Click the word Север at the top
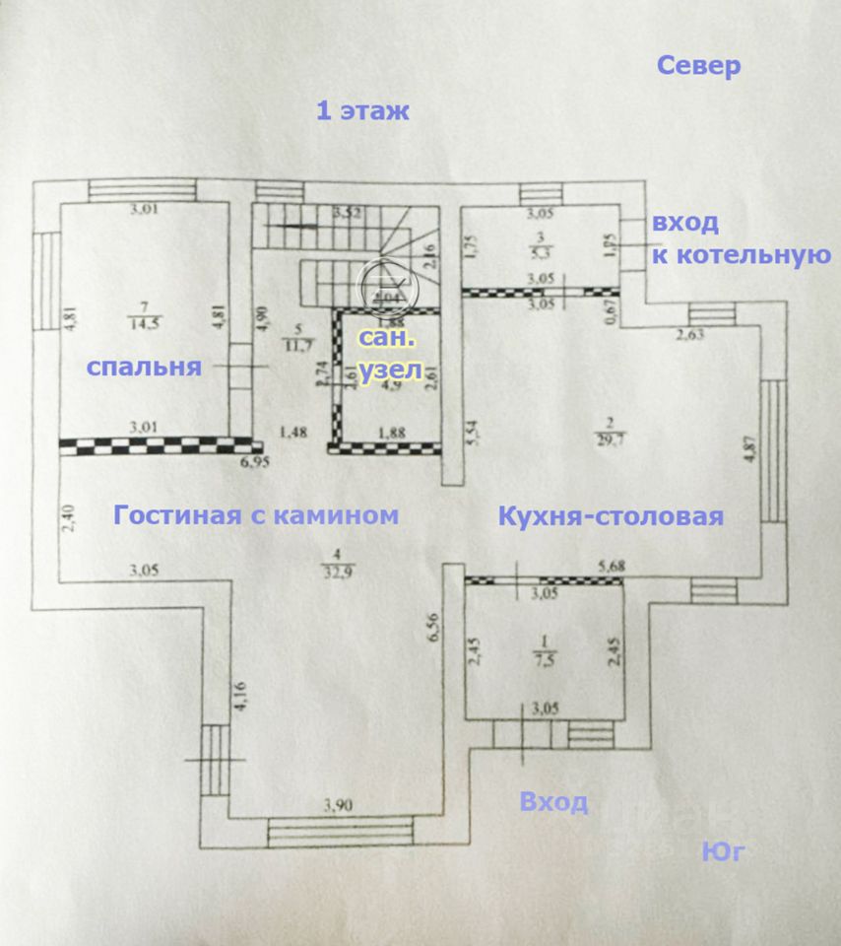(x=697, y=67)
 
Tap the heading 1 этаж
(x=361, y=110)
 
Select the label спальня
(x=144, y=368)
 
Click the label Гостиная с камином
(x=256, y=514)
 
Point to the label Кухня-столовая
(x=611, y=516)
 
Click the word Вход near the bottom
(x=553, y=802)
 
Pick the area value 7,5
(x=543, y=661)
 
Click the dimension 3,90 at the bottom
(x=337, y=806)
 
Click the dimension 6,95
(x=256, y=460)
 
